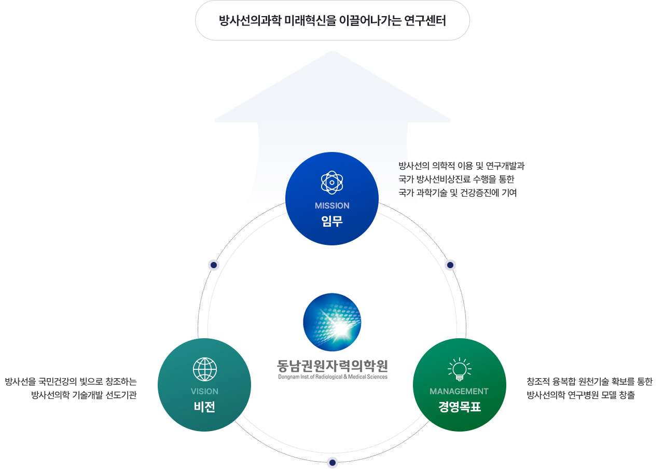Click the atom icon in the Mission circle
click(x=332, y=183)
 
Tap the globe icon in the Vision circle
click(x=204, y=369)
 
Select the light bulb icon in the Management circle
click(x=459, y=368)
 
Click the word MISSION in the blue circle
click(x=332, y=205)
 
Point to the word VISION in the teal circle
click(x=204, y=391)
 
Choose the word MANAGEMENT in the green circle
click(x=459, y=391)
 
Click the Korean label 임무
click(x=332, y=221)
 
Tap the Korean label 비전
click(x=204, y=407)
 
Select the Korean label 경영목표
click(x=459, y=407)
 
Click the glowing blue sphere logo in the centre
click(x=332, y=322)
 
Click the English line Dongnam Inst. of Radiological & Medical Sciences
click(x=332, y=377)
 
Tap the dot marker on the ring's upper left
click(x=213, y=265)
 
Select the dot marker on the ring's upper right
click(x=450, y=265)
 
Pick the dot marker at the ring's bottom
click(x=333, y=462)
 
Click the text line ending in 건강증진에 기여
click(x=458, y=193)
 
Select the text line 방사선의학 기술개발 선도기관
click(x=84, y=396)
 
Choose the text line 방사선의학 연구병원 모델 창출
click(x=580, y=396)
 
